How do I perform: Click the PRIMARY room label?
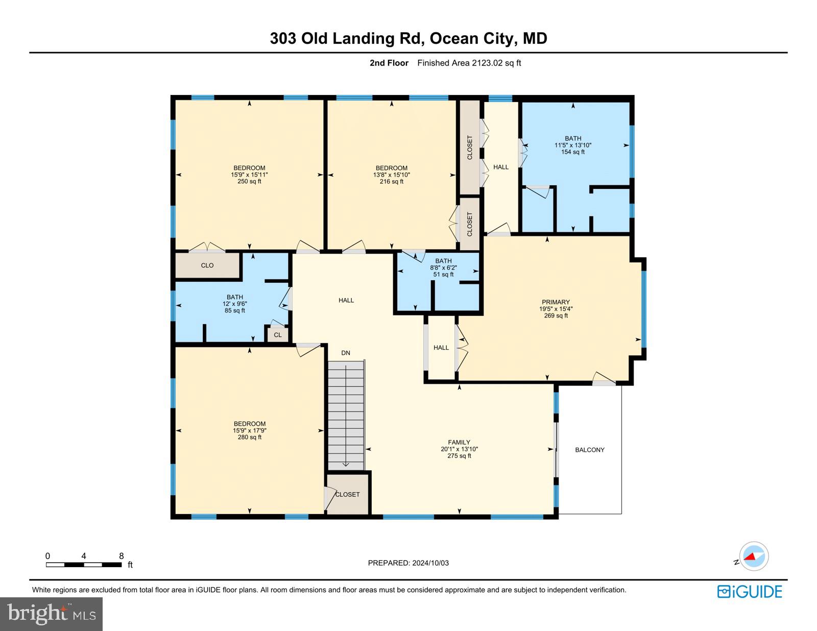[x=556, y=302]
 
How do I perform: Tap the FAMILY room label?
[x=459, y=443]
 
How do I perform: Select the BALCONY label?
[x=590, y=450]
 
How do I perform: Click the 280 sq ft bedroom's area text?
[x=249, y=437]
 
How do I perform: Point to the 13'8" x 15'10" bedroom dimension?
[x=392, y=175]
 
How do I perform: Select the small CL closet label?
[x=278, y=335]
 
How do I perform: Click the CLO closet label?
[x=207, y=265]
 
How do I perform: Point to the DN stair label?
[x=346, y=353]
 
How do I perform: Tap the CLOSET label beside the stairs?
[x=348, y=494]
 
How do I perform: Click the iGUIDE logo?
[x=750, y=592]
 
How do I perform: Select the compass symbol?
[x=753, y=556]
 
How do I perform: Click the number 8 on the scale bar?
[x=122, y=556]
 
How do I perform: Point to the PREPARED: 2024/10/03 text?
[x=408, y=563]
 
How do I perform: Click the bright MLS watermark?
[x=51, y=614]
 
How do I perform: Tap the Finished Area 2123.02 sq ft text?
[x=469, y=63]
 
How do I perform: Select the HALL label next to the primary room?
[x=441, y=348]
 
